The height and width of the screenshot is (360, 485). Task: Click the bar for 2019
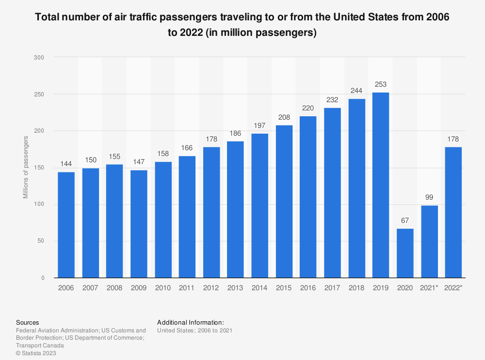point(381,185)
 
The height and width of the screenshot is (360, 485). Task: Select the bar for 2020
point(405,253)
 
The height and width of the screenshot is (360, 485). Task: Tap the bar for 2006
point(66,225)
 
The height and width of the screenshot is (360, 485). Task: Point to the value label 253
point(381,84)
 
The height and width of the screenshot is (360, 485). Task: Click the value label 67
point(405,221)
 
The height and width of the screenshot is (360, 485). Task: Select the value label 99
point(429,198)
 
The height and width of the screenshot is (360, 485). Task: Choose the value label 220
point(308,109)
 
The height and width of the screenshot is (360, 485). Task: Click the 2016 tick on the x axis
point(308,288)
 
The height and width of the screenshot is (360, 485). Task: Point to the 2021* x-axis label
point(429,288)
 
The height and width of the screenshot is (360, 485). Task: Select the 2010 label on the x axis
point(163,288)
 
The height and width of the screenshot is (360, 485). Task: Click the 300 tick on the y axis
point(39,57)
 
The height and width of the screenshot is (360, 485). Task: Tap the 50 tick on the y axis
point(41,241)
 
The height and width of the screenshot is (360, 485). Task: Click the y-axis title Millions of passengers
point(26,168)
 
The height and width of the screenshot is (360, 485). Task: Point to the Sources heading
point(28,322)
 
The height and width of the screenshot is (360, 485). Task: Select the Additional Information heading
point(191,322)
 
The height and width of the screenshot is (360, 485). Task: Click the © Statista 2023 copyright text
point(36,353)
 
